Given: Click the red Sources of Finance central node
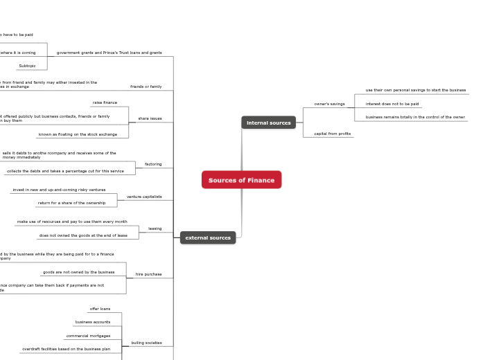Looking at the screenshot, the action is (241, 180).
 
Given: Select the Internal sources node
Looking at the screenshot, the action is (268, 123).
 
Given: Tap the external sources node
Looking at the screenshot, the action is (208, 237).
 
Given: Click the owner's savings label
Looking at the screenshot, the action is (329, 104).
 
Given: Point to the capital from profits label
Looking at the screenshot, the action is (332, 134).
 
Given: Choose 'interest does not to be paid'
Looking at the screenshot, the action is (392, 104).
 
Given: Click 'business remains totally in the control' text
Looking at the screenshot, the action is (415, 117).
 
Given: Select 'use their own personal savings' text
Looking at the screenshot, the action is (416, 90).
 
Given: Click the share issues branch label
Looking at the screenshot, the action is (150, 118).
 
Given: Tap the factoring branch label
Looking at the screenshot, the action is (153, 164).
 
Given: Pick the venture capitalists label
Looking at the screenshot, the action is (144, 197).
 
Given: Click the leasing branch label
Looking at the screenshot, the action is (155, 228).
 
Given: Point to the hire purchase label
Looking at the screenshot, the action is (148, 274).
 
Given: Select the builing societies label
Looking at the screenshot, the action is (146, 343).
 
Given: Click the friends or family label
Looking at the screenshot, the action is (146, 87).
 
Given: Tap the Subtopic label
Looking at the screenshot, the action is (27, 66).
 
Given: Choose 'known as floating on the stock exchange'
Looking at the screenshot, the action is (78, 134).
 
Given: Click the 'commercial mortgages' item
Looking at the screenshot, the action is (88, 336).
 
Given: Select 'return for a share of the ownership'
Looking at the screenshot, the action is (71, 203).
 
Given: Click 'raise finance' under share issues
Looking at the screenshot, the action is (105, 102).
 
